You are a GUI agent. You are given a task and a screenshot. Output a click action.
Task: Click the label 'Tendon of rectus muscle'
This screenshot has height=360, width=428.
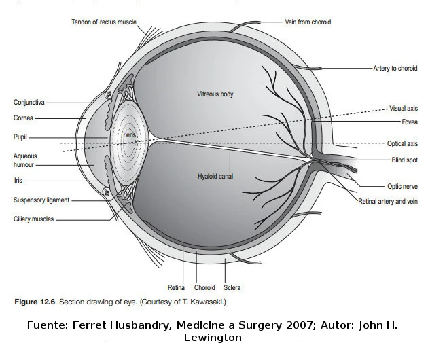[104, 22]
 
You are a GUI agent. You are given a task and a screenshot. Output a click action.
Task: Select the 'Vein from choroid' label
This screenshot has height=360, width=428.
[308, 22]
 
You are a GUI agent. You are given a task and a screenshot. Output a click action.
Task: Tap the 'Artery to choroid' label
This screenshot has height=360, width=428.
[395, 69]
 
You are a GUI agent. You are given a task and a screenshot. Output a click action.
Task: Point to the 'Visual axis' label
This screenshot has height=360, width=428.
[403, 108]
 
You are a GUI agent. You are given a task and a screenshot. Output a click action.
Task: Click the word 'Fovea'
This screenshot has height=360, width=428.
[409, 122]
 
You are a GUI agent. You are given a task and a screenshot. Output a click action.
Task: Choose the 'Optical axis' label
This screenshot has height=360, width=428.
[402, 144]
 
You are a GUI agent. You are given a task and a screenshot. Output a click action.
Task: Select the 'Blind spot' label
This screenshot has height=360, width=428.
[404, 160]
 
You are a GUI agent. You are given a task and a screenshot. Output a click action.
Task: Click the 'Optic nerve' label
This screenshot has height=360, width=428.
[402, 186]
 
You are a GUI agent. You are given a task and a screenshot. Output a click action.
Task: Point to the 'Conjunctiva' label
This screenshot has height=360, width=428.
[29, 103]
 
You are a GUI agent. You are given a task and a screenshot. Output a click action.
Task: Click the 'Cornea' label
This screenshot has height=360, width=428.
[23, 118]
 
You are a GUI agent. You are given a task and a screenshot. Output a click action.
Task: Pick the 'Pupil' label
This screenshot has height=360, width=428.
[20, 137]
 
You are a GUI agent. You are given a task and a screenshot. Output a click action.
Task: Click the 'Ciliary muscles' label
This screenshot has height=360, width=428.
[33, 219]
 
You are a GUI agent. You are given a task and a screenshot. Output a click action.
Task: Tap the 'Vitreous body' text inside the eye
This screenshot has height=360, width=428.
[215, 94]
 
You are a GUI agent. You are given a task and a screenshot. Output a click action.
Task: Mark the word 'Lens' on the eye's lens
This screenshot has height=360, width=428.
[130, 136]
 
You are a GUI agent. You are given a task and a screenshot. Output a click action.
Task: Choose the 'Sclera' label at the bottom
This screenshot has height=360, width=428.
[232, 288]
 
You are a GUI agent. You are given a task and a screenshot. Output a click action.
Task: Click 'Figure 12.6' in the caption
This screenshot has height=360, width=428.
[35, 300]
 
